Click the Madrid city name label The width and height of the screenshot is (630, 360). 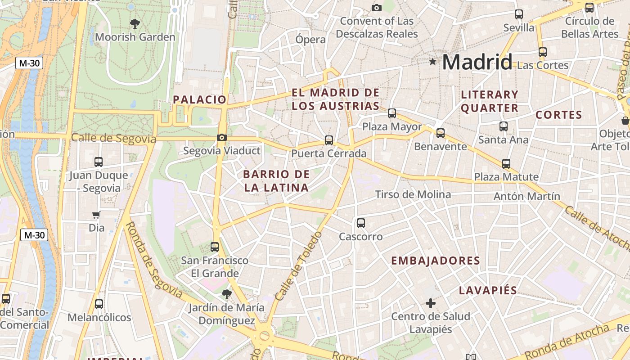tap(477, 62)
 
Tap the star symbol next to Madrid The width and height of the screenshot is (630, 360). tap(433, 61)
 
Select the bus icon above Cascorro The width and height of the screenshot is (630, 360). tap(361, 223)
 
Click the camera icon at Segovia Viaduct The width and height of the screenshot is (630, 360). tap(221, 137)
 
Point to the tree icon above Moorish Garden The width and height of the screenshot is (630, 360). tap(135, 23)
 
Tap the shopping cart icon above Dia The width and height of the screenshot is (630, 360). tap(96, 215)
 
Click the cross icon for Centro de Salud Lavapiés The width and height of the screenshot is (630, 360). tap(431, 303)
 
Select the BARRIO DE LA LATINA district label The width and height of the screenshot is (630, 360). tap(276, 181)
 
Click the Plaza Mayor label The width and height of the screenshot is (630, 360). tap(392, 126)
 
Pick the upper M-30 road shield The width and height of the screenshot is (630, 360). tap(29, 63)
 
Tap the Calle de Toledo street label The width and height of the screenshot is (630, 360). tap(298, 266)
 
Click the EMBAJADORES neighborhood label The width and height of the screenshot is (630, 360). tap(435, 261)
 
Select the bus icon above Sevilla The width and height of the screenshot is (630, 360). tap(519, 14)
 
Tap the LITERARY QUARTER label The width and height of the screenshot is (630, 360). tap(490, 101)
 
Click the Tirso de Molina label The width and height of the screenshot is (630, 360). tap(413, 194)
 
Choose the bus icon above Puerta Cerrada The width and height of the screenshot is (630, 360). tap(329, 140)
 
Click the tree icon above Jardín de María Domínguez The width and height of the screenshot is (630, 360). tap(227, 294)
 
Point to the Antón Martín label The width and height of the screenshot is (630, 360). tap(526, 196)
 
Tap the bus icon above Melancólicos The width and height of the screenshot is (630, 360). tap(99, 304)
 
